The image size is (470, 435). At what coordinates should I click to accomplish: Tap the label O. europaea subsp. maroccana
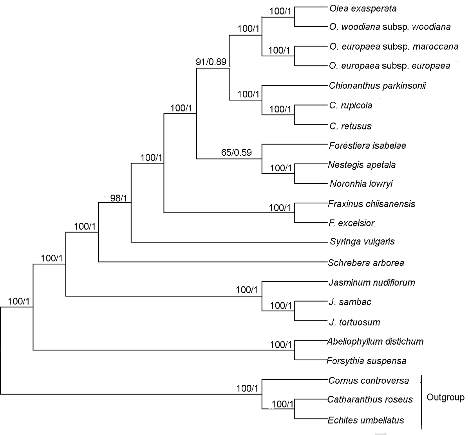(x=394, y=47)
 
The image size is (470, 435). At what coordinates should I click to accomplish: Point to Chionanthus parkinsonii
(x=377, y=86)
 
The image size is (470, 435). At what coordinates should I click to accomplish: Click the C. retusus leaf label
(x=351, y=126)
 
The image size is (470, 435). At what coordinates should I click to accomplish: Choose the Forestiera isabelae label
(x=367, y=146)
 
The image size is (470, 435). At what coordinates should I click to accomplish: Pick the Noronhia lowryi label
(x=361, y=183)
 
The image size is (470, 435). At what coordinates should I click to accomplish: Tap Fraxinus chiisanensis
(x=371, y=204)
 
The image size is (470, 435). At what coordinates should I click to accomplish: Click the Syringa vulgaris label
(x=362, y=241)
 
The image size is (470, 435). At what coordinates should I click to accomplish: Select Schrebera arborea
(x=366, y=262)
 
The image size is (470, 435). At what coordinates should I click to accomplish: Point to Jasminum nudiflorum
(x=372, y=282)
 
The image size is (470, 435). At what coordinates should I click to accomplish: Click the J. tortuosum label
(x=355, y=322)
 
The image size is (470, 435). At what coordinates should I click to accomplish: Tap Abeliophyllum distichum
(x=375, y=342)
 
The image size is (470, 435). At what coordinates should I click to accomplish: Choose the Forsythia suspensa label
(x=366, y=361)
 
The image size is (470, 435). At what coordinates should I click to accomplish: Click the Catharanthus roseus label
(x=370, y=399)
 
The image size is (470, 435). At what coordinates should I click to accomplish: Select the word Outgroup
(x=445, y=397)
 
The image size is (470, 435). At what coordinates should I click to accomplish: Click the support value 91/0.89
(x=211, y=61)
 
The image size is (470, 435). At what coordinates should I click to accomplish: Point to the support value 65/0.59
(x=237, y=153)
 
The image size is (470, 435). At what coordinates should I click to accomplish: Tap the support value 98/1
(x=119, y=198)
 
